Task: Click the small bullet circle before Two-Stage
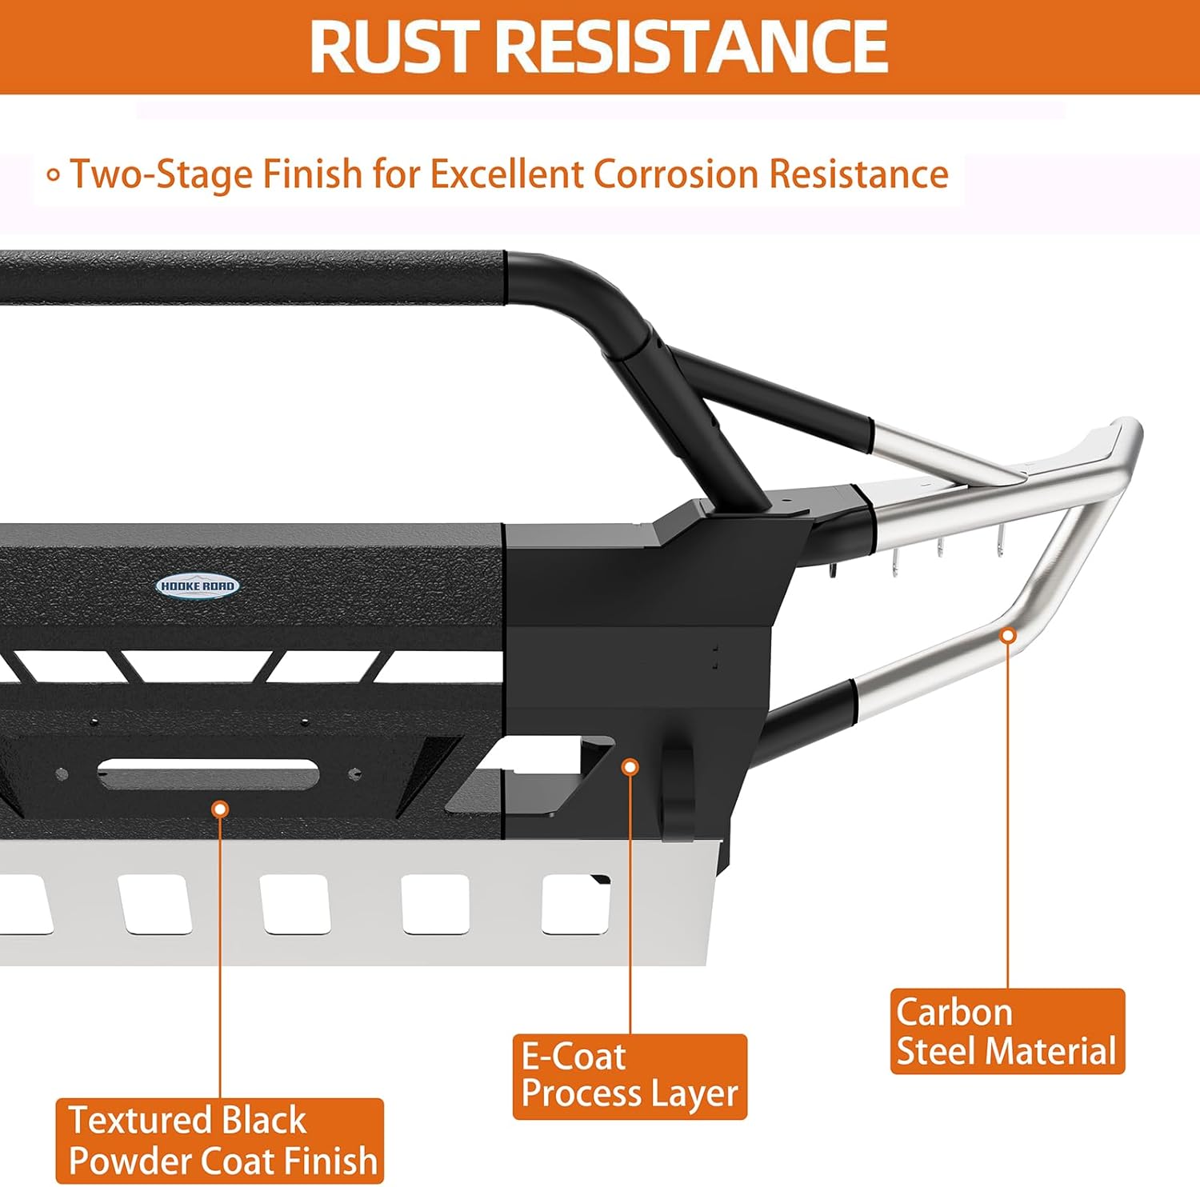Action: click(54, 175)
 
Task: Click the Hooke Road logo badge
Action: click(198, 586)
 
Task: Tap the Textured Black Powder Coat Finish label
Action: click(220, 1141)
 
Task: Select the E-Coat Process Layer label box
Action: click(630, 1077)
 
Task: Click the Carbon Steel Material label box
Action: click(1007, 1031)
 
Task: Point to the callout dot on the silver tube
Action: click(1009, 636)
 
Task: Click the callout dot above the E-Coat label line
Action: click(630, 767)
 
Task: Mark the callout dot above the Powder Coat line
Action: click(220, 809)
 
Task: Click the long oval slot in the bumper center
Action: click(208, 773)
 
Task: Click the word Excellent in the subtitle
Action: click(506, 174)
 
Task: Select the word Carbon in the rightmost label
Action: click(954, 1012)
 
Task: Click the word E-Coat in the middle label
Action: click(574, 1057)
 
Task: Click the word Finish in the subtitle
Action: click(313, 174)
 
